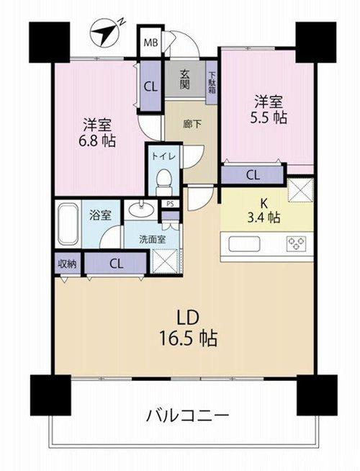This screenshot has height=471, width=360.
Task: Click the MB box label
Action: [152, 42]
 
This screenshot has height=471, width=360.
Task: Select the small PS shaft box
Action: [171, 205]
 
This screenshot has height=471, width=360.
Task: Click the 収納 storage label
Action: [67, 264]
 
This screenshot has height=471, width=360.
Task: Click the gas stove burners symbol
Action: [296, 243]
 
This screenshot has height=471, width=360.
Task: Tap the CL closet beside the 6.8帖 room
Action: [150, 87]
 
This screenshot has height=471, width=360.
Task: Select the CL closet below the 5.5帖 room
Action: [253, 174]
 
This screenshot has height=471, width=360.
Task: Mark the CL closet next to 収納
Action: [116, 264]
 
